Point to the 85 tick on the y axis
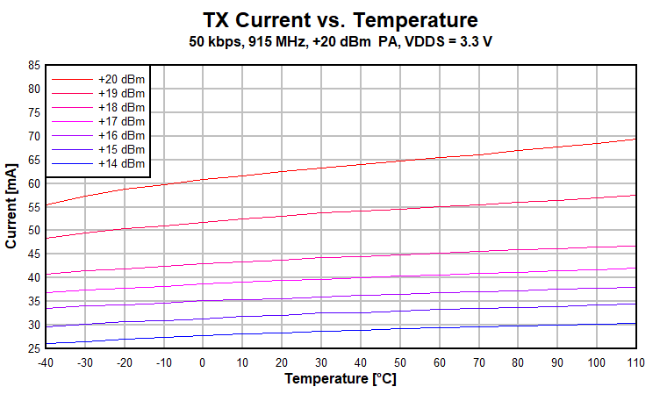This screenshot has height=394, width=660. coord(34,65)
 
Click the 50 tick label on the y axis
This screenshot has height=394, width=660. coord(34,230)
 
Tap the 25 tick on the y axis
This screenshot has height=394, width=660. coord(34,348)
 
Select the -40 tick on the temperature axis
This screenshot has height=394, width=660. coord(46,362)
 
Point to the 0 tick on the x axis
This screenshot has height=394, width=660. coord(203,362)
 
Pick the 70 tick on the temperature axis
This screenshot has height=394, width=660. coord(478,362)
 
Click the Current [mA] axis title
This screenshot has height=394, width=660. coord(12,206)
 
